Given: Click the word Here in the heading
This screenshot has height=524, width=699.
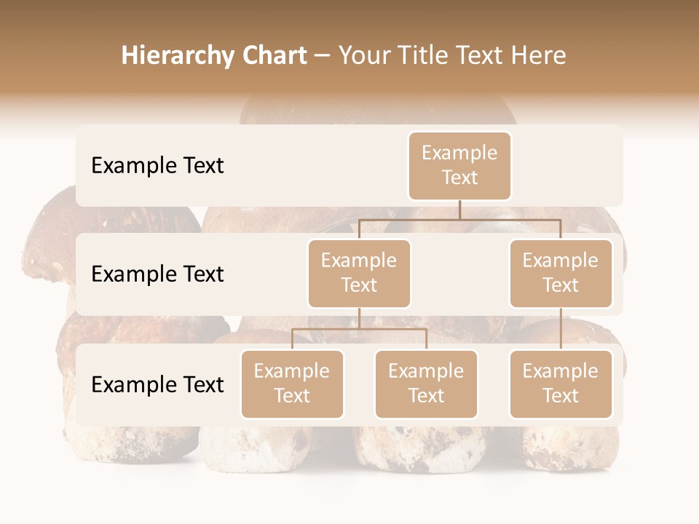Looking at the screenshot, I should click(540, 56).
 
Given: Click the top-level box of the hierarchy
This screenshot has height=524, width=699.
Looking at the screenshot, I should click(459, 165).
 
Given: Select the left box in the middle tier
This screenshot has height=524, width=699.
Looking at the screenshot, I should click(359, 273).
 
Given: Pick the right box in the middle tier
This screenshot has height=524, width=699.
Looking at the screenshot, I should click(561, 273).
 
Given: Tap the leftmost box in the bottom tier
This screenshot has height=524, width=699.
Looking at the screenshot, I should click(292, 384).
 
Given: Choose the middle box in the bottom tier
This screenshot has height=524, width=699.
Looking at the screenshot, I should click(426, 384).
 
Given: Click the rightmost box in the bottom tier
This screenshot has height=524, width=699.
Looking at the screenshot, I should click(561, 384).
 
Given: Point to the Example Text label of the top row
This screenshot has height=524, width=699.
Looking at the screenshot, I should click(157, 165).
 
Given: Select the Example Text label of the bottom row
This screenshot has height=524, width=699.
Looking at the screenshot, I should click(157, 384).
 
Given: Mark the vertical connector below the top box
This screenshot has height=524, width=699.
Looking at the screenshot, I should click(459, 210).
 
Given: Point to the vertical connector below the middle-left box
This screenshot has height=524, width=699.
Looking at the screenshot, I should click(359, 318).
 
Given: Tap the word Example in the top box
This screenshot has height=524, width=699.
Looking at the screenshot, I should click(459, 153).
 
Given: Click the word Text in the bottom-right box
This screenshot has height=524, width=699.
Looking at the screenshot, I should click(561, 396).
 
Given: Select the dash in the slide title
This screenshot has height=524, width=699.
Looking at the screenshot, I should click(323, 56).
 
